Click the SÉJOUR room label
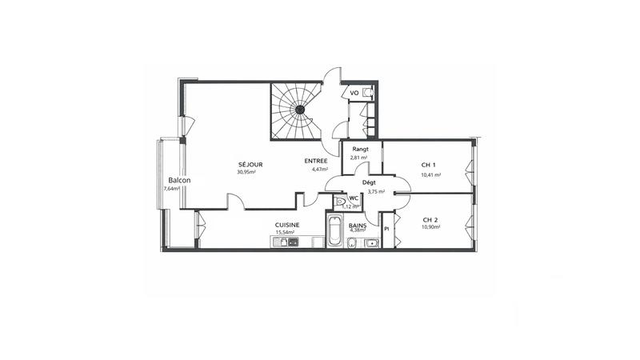[250, 165]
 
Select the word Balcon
[179, 180]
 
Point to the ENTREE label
[316, 162]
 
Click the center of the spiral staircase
[299, 110]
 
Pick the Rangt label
[360, 150]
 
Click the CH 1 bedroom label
[430, 165]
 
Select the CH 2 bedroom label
[430, 219]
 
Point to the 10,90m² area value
[430, 227]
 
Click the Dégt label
[369, 183]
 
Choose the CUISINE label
[287, 225]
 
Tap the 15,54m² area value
[286, 233]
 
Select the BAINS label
[358, 225]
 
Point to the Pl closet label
[387, 230]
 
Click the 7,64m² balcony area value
[171, 189]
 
